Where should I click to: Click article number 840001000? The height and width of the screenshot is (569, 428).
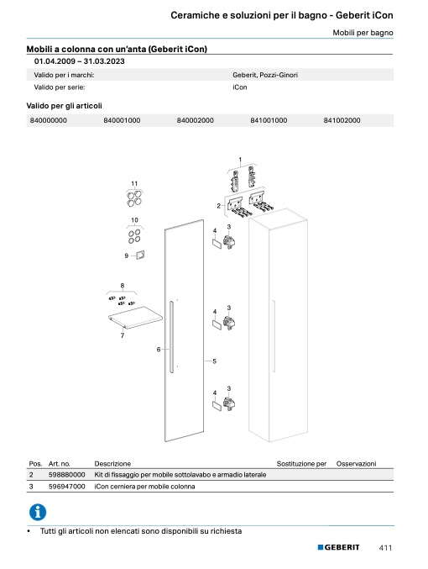(122, 120)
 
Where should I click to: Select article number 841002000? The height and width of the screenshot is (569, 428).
(342, 120)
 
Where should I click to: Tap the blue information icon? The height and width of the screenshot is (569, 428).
(38, 512)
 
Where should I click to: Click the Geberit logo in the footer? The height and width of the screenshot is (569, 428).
(338, 547)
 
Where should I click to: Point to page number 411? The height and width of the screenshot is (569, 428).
(385, 548)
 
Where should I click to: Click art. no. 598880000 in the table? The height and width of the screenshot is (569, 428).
(66, 475)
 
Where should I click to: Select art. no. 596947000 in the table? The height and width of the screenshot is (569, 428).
(66, 487)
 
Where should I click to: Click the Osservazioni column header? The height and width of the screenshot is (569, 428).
(356, 464)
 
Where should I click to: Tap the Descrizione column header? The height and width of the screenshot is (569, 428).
(112, 464)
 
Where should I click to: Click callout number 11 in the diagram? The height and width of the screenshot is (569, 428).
(134, 183)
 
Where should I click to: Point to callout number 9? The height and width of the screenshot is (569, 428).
(127, 256)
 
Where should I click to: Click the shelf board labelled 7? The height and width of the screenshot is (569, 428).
(136, 317)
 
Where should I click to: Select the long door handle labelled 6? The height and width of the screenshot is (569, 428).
(171, 336)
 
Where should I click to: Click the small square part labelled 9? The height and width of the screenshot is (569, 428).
(140, 256)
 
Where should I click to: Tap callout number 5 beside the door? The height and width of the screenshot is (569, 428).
(215, 361)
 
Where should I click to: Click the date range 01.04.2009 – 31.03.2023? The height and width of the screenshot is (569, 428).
(80, 61)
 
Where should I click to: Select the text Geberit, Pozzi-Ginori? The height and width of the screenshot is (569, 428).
(265, 75)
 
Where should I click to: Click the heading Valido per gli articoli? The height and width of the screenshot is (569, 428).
(64, 106)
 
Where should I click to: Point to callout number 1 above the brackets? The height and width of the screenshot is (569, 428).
(240, 160)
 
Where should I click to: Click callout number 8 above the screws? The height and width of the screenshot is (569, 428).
(123, 286)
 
